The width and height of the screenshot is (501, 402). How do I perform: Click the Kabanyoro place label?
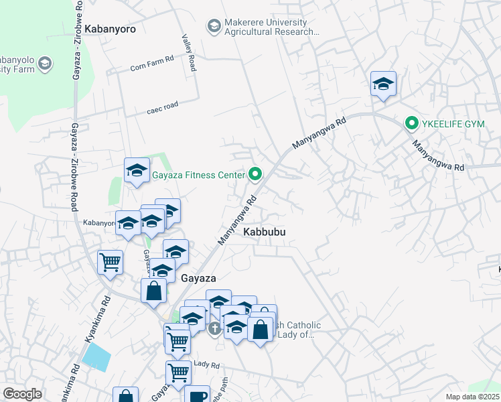pos(111,29)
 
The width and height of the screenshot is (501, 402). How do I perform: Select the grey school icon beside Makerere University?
pos(214,26)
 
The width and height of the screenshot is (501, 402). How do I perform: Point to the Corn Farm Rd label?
pos(152,66)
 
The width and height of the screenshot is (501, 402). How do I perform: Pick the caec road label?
pos(163,108)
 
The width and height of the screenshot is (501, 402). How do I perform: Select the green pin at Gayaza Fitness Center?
pos(255,175)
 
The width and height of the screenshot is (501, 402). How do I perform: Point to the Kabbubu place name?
pos(265,232)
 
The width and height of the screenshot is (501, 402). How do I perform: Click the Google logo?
pos(22,394)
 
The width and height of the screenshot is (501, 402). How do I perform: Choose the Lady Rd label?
pos(206,364)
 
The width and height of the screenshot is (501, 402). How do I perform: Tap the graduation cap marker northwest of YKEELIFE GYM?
pos(383,84)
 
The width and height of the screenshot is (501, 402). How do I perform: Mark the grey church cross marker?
pos(214,328)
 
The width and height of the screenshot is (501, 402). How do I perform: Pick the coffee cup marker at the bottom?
pos(198,395)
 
